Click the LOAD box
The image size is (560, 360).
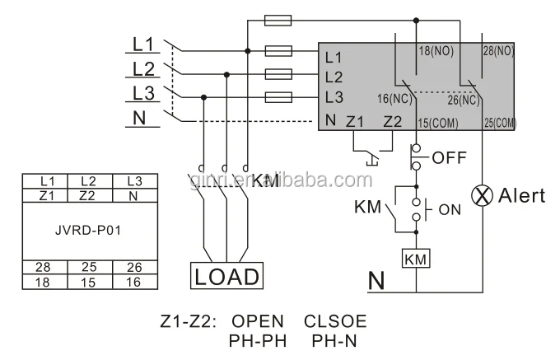click(227, 276)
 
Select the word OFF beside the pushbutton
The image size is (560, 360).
click(450, 157)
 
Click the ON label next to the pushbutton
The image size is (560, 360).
click(450, 209)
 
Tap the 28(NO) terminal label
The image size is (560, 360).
click(497, 51)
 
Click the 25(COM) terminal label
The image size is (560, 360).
click(500, 122)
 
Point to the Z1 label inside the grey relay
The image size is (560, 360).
click(355, 121)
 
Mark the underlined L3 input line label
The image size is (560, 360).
click(143, 92)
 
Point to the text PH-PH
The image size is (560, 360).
click(257, 339)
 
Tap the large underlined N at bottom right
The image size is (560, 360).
click(376, 281)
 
